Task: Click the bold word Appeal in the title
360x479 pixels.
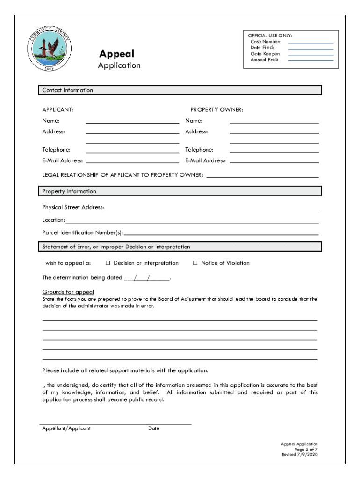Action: click(116, 54)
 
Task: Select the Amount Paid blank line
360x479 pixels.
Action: click(310, 60)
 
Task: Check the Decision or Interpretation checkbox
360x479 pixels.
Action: click(108, 263)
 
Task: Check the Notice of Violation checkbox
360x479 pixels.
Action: click(195, 263)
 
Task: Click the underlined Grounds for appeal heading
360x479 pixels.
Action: click(68, 292)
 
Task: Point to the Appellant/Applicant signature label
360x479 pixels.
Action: click(66, 428)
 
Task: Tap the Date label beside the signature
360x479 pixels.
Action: click(153, 428)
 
